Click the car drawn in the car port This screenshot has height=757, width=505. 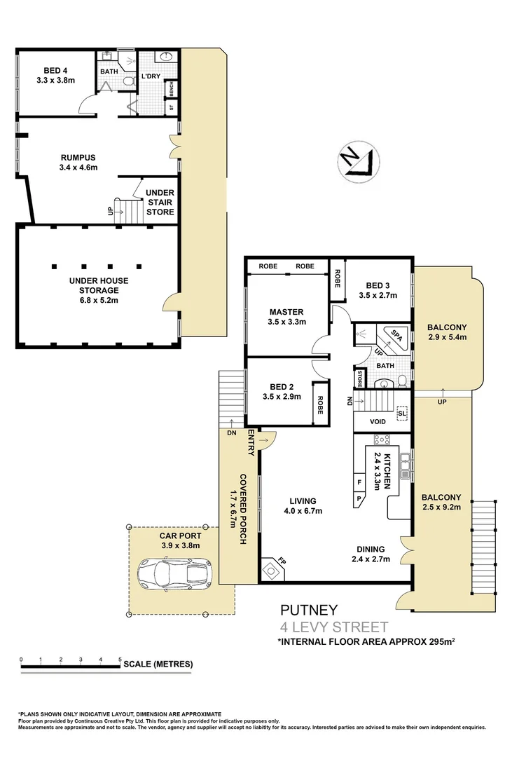(x=174, y=573)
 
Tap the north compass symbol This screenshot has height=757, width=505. (x=357, y=159)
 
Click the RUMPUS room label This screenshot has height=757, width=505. (x=78, y=163)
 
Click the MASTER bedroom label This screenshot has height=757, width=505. (x=286, y=317)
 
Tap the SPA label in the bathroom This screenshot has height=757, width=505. (x=396, y=334)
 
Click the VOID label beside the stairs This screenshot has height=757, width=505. (x=378, y=422)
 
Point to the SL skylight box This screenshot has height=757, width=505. (x=401, y=413)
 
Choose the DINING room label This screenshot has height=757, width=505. (x=368, y=554)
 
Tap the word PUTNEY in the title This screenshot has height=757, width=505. (x=309, y=610)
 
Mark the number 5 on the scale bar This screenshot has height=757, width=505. (x=120, y=660)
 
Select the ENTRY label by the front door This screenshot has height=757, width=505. (x=250, y=444)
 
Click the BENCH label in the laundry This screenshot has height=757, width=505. (x=170, y=90)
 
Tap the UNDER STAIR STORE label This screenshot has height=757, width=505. (x=160, y=203)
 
